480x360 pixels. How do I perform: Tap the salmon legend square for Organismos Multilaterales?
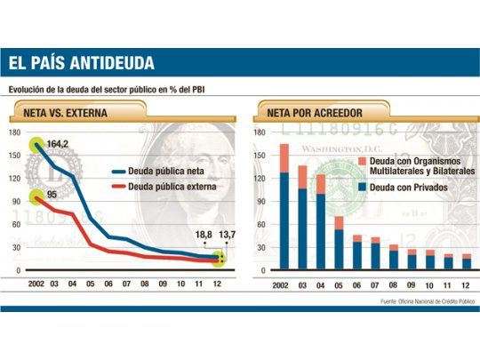pyautogui.click(x=363, y=160)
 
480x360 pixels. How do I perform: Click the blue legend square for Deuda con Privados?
pyautogui.click(x=363, y=188)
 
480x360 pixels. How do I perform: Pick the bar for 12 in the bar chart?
pyautogui.click(x=466, y=262)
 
